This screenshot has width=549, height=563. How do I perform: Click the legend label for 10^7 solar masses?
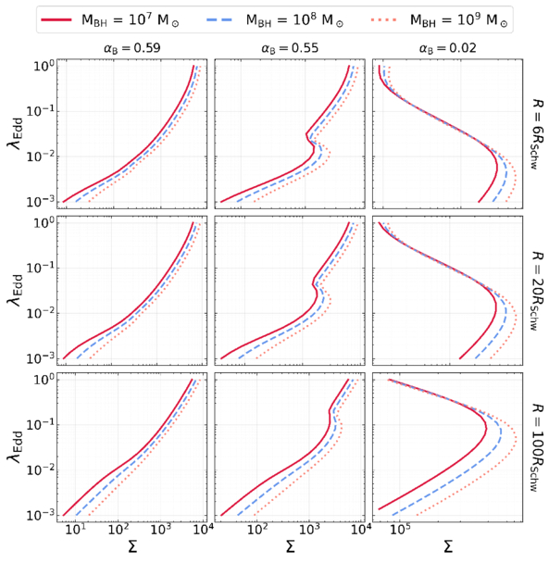click(131, 19)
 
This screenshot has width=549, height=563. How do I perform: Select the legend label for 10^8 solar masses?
click(294, 19)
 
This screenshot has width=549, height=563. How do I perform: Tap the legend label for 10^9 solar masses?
click(459, 19)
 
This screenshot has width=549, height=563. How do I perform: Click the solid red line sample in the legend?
click(56, 19)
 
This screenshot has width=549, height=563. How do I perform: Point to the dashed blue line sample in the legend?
click(219, 19)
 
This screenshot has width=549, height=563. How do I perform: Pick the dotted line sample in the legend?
click(384, 19)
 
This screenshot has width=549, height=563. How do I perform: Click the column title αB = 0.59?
click(131, 48)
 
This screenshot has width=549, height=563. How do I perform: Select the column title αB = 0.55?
click(290, 48)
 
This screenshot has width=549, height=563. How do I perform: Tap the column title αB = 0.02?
click(448, 48)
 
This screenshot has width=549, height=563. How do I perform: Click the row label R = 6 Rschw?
click(536, 133)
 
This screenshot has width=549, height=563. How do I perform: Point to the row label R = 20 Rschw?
click(536, 291)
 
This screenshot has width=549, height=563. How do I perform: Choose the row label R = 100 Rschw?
click(536, 447)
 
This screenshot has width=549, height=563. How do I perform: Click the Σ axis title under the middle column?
click(290, 547)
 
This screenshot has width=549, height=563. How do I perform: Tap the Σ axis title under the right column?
click(448, 547)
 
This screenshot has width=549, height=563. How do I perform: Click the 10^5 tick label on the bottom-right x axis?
click(400, 530)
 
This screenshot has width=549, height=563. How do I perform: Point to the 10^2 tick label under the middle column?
click(257, 530)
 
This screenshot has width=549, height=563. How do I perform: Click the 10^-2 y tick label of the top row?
click(40, 156)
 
